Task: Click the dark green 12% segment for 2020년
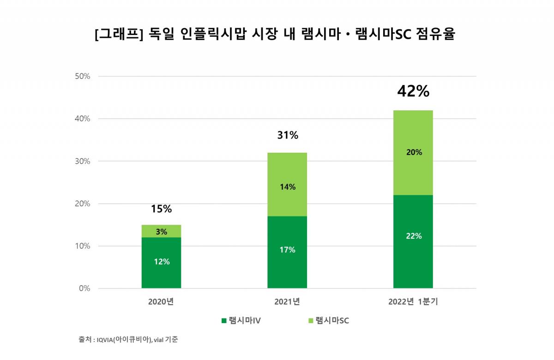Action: coord(161,263)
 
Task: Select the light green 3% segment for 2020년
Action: coord(161,231)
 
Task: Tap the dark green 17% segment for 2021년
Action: coord(287,252)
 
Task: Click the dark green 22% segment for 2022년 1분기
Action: coord(413,241)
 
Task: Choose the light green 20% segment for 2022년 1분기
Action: coord(413,153)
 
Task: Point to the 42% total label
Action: coord(413,91)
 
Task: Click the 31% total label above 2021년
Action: coord(287,135)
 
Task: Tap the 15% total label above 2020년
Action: coord(161,209)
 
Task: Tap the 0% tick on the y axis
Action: coord(84,288)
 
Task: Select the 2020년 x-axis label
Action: coord(161,302)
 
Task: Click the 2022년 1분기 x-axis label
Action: coord(413,302)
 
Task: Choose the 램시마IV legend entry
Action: coord(240,321)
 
